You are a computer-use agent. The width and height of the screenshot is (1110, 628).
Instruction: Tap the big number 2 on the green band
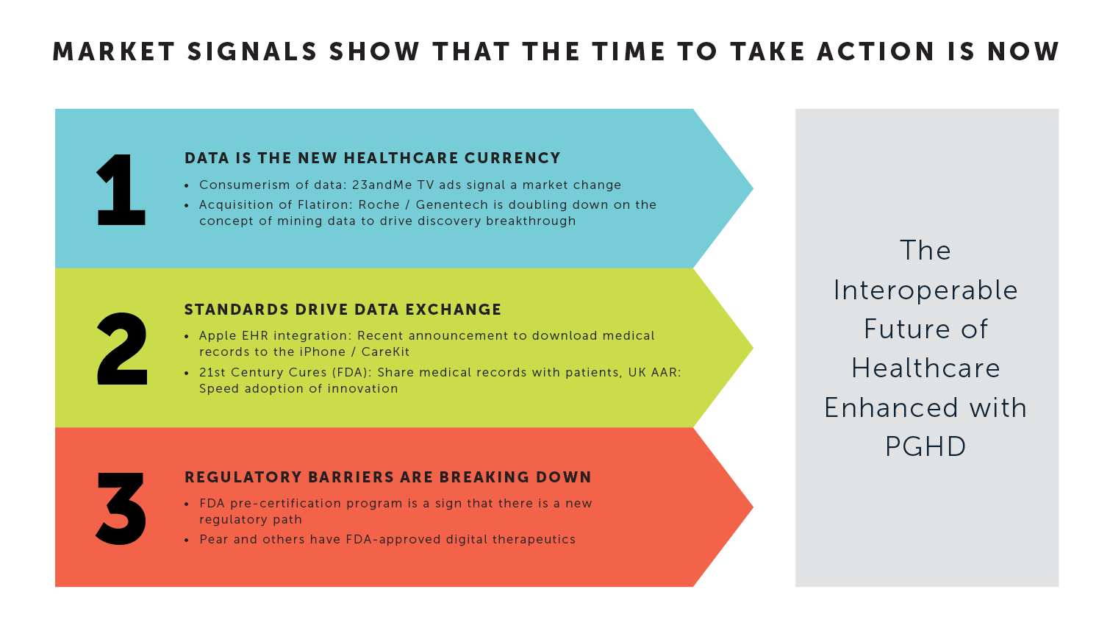tap(122, 349)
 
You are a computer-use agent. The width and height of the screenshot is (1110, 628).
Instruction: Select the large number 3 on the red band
tap(121, 509)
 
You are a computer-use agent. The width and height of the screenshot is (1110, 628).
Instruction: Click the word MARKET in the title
tap(113, 52)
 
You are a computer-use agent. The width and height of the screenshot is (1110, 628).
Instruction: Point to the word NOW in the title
tap(1023, 52)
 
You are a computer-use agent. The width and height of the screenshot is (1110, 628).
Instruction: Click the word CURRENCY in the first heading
tap(512, 158)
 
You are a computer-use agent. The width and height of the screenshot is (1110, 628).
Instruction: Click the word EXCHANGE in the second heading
tap(454, 310)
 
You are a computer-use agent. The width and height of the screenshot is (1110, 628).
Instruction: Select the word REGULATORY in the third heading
tap(243, 477)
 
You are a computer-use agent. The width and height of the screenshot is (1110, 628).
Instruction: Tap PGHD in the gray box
tap(925, 446)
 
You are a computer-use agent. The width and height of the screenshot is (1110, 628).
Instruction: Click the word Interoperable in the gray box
tap(925, 290)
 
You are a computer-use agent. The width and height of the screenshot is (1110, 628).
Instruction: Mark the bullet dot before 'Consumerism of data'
tap(187, 186)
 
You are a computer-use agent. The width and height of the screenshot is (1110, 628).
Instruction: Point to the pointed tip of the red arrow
tap(753, 507)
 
